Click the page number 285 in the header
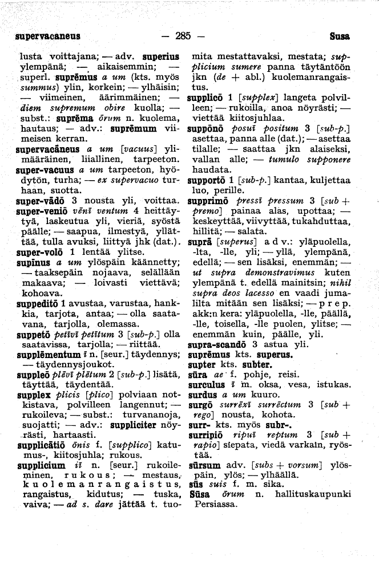(182, 36)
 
